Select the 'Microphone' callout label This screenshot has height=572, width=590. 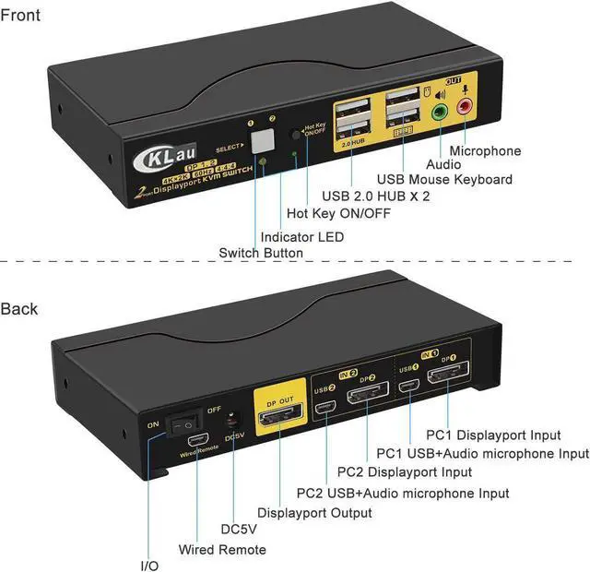485,150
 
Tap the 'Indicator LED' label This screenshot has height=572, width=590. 301,237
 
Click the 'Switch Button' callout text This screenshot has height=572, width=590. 261,253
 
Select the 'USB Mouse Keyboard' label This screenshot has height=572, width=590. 443,179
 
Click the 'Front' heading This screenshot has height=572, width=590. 20,16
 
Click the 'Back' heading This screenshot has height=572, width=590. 19,308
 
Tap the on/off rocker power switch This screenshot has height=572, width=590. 187,423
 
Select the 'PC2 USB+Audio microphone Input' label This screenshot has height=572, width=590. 403,493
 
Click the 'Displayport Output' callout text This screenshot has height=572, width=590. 314,512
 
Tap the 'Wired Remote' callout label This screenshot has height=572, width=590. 222,550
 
